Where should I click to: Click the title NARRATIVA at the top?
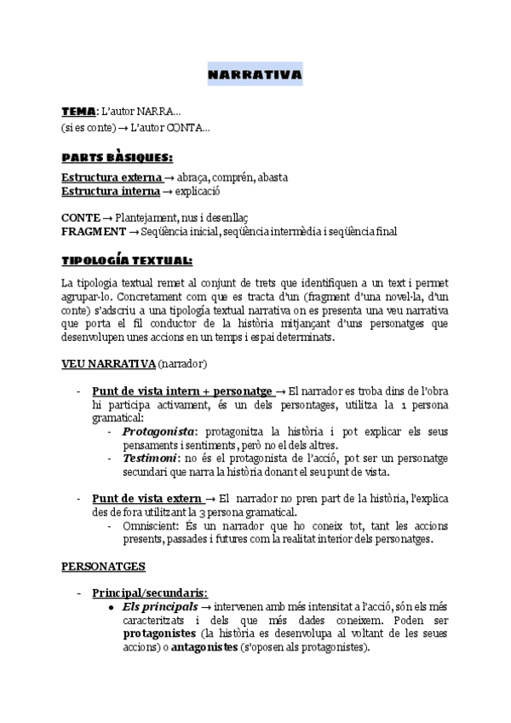[x=255, y=77]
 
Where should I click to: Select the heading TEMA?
[x=78, y=112]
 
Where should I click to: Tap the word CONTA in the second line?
[x=184, y=128]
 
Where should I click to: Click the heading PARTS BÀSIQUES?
[x=116, y=158]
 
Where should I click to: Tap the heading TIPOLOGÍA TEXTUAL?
[x=127, y=261]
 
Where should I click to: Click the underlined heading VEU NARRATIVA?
[x=107, y=364]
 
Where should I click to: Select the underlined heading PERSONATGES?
[x=103, y=565]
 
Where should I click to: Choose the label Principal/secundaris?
[x=148, y=593]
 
